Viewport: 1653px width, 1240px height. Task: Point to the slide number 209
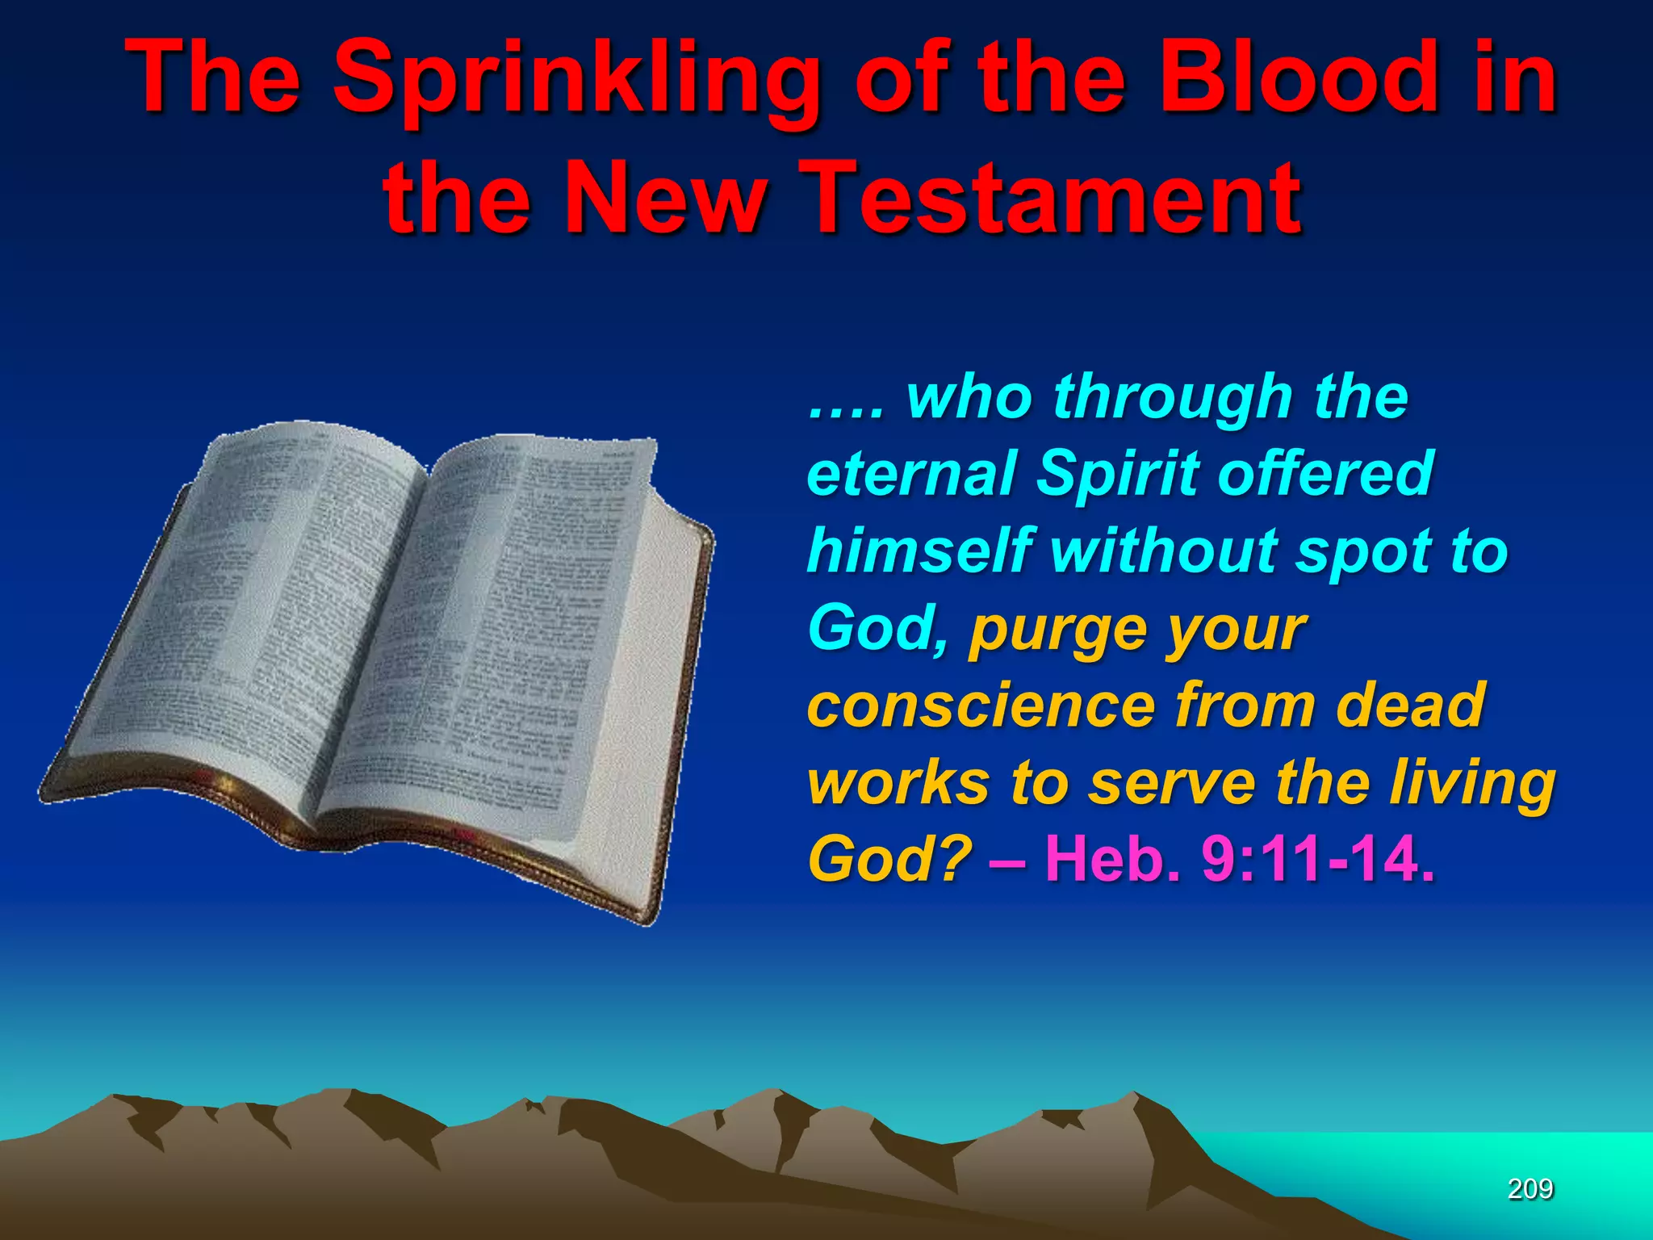1530,1188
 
